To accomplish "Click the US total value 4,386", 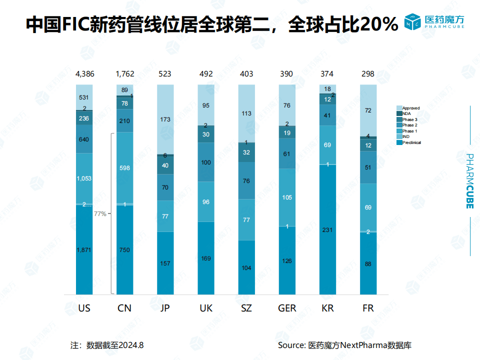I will tap(84, 74).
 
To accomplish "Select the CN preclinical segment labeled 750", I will tap(124, 249).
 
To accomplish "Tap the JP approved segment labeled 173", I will tap(165, 120).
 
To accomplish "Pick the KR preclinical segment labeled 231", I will tap(328, 230).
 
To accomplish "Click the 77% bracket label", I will tap(100, 213).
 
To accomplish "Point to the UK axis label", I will tap(206, 308).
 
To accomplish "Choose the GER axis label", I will tap(286, 308).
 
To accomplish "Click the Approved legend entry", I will tap(410, 108).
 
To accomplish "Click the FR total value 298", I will tap(368, 74).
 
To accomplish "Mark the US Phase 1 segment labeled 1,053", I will tap(84, 178).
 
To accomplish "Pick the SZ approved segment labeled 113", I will tap(246, 113).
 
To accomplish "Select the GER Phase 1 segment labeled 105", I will tap(286, 197).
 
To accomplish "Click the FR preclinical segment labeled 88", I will tap(368, 263).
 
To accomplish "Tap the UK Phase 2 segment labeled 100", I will tap(205, 162).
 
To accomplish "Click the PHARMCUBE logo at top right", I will tap(433, 21).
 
